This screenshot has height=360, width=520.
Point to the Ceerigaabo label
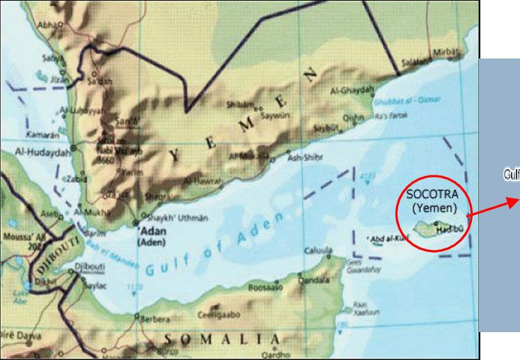pos(219,315)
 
